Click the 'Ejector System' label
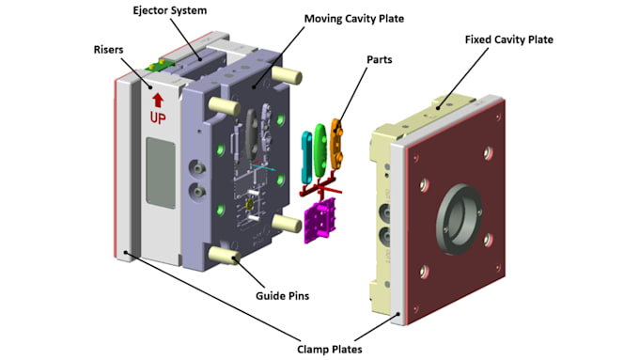pyautogui.click(x=170, y=10)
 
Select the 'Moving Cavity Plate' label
pyautogui.click(x=354, y=19)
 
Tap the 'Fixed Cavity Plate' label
pyautogui.click(x=509, y=39)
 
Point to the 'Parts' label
pyautogui.click(x=380, y=59)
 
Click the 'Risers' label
pyautogui.click(x=108, y=50)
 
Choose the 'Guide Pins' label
pyautogui.click(x=283, y=295)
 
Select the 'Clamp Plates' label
pyautogui.click(x=329, y=350)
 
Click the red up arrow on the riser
pyautogui.click(x=158, y=101)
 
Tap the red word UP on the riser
pyautogui.click(x=158, y=117)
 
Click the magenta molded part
pyautogui.click(x=319, y=220)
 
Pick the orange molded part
pyautogui.click(x=336, y=144)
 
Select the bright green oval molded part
pyautogui.click(x=319, y=150)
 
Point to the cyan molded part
pyautogui.click(x=306, y=157)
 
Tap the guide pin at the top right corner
pyautogui.click(x=287, y=75)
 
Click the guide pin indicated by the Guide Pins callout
pyautogui.click(x=224, y=255)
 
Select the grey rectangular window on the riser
pyautogui.click(x=161, y=173)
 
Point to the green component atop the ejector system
pyautogui.click(x=160, y=65)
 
